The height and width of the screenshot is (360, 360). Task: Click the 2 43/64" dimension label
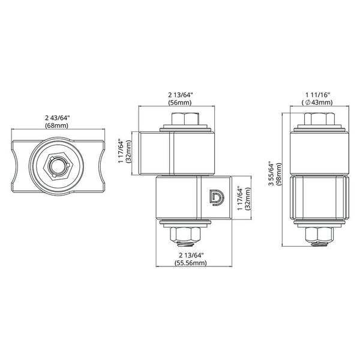point(57,118)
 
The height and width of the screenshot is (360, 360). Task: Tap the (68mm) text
point(57,125)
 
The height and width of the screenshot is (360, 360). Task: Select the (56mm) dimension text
point(180,103)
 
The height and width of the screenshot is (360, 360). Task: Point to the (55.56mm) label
point(191,263)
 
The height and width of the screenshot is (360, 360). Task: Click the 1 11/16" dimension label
point(317,95)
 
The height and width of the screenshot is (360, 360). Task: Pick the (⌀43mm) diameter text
point(317,103)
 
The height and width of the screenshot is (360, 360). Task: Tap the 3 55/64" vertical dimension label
point(272,174)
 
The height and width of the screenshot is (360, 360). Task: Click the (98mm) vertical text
point(279,174)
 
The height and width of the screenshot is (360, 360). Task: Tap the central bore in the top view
point(58,166)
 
